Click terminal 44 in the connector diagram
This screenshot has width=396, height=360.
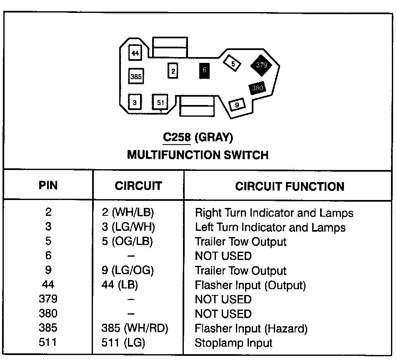135,54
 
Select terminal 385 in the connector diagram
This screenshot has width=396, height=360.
136,77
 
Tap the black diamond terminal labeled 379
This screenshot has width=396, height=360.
261,65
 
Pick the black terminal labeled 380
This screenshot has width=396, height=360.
258,88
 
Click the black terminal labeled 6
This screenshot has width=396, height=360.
204,71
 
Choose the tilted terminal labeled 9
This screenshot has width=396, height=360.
237,105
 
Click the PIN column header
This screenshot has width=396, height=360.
48,185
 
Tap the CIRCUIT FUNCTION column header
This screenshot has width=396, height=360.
290,186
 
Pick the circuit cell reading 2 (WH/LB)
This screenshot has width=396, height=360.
128,213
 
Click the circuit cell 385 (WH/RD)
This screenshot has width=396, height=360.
135,328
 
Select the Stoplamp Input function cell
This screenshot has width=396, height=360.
233,343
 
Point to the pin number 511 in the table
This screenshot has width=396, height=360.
48,343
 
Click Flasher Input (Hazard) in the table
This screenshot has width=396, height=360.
251,328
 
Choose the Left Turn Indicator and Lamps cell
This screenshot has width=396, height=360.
270,227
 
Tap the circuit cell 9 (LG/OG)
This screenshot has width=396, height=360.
128,271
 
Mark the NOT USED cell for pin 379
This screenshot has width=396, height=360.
223,300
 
